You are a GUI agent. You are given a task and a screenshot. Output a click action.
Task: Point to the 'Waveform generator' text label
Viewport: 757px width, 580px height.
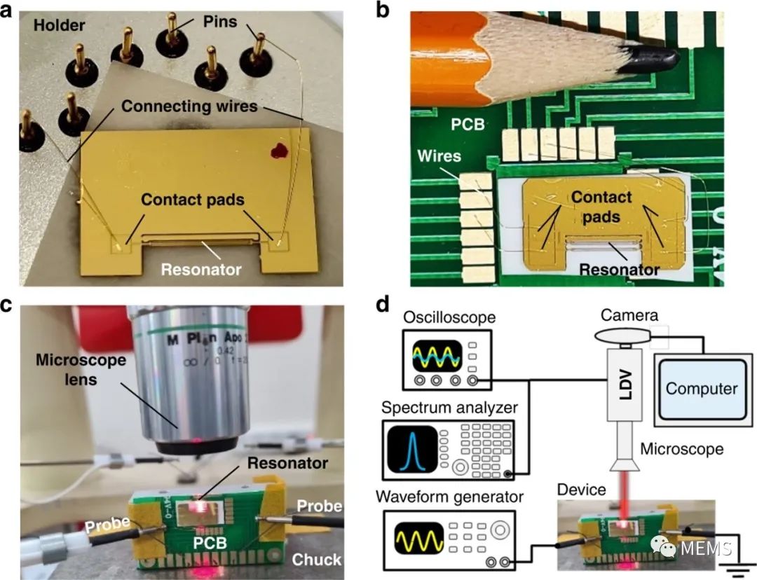coord(449,498)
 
